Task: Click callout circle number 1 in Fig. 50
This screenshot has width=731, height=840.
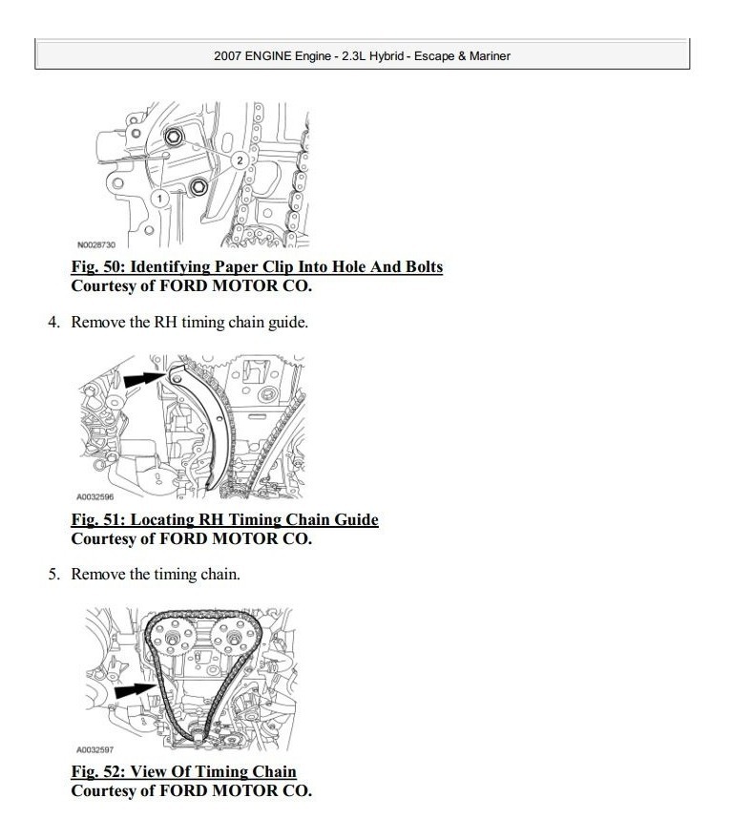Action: point(160,198)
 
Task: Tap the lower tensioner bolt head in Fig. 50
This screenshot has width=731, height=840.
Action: point(198,187)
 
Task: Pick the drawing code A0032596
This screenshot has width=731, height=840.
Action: point(95,497)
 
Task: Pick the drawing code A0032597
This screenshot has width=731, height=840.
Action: point(95,750)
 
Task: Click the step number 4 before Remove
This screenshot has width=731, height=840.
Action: point(52,323)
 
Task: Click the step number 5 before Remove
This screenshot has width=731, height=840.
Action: point(52,575)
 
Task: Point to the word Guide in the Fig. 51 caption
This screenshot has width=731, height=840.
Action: point(353,520)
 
